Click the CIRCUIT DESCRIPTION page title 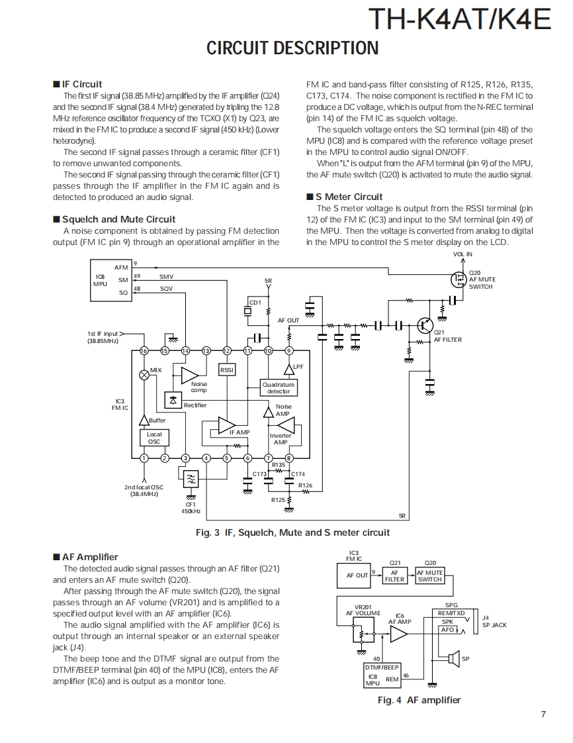click(x=292, y=48)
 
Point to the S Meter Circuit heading click(x=349, y=197)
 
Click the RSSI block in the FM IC click(x=227, y=370)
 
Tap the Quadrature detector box click(x=279, y=388)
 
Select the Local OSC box click(x=154, y=438)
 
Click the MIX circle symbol click(x=144, y=374)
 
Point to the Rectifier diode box click(x=173, y=399)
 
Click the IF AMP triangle click(x=227, y=423)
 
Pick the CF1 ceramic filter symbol click(x=191, y=479)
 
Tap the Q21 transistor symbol click(x=425, y=325)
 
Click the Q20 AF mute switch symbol click(x=458, y=279)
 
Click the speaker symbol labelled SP click(x=453, y=658)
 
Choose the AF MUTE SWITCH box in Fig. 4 click(x=429, y=576)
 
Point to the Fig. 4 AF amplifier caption click(x=419, y=700)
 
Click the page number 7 click(x=543, y=714)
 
